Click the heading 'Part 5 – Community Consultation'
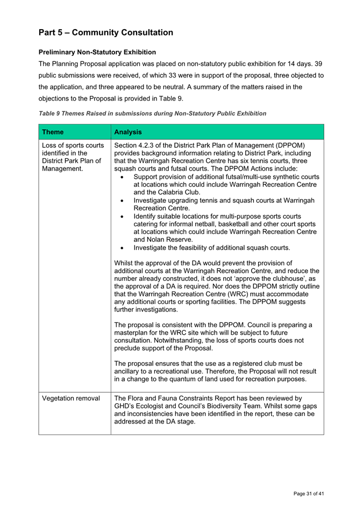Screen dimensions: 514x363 (x=106, y=32)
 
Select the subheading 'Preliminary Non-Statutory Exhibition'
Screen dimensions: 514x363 (x=97, y=52)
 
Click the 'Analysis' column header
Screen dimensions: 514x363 (x=129, y=131)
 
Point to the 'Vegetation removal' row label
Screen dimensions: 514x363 (x=71, y=398)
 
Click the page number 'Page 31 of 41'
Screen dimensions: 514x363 (x=309, y=494)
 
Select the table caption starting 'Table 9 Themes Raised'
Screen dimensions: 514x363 (x=152, y=114)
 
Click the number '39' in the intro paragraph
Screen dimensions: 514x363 (x=319, y=64)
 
